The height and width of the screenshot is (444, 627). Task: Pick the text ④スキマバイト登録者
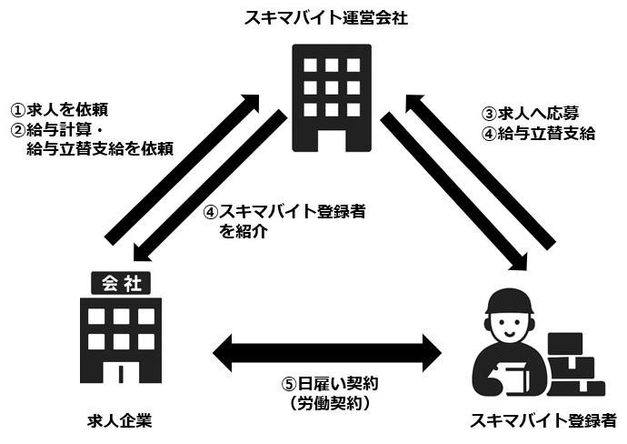click(x=284, y=211)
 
